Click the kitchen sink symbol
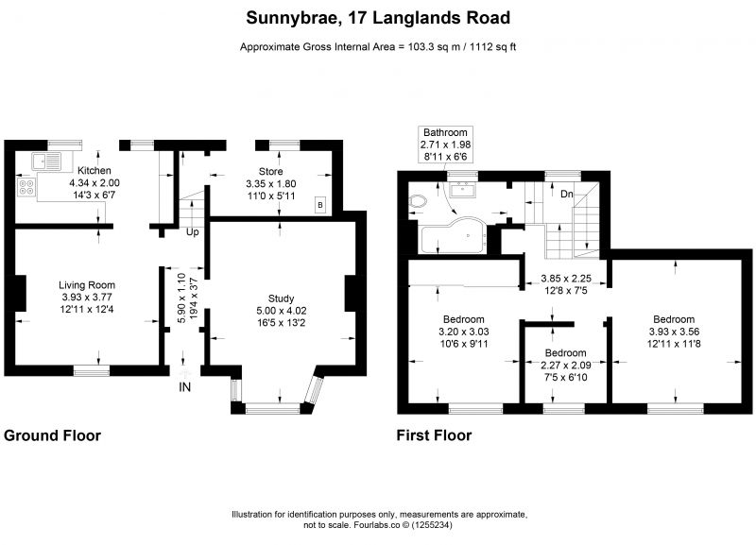(46, 161)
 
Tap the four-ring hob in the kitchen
(26, 187)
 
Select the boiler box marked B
(320, 205)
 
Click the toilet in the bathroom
(418, 201)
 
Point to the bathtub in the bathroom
(455, 235)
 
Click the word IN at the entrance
(184, 387)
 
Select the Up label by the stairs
(193, 232)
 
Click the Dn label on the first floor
(566, 194)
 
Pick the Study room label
(281, 298)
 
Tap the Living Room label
(87, 285)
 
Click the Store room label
(271, 171)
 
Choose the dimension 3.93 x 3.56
(674, 332)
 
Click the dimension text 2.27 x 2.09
(565, 365)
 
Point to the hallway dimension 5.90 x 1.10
(181, 298)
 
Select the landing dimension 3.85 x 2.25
(566, 278)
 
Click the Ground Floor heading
(52, 435)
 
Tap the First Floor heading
(434, 435)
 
